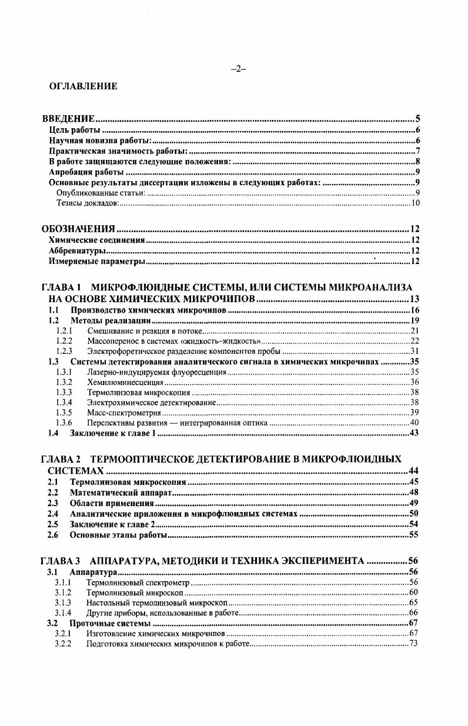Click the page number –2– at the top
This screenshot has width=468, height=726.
238,69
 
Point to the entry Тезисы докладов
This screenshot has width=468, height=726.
87,203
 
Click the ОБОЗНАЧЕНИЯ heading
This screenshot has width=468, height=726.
78,229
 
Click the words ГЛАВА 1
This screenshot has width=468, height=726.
61,287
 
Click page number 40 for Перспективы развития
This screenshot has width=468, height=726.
414,423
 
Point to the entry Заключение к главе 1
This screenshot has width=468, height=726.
112,434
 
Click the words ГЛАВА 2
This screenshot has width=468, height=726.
61,459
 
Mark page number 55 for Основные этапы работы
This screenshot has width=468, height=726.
413,535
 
